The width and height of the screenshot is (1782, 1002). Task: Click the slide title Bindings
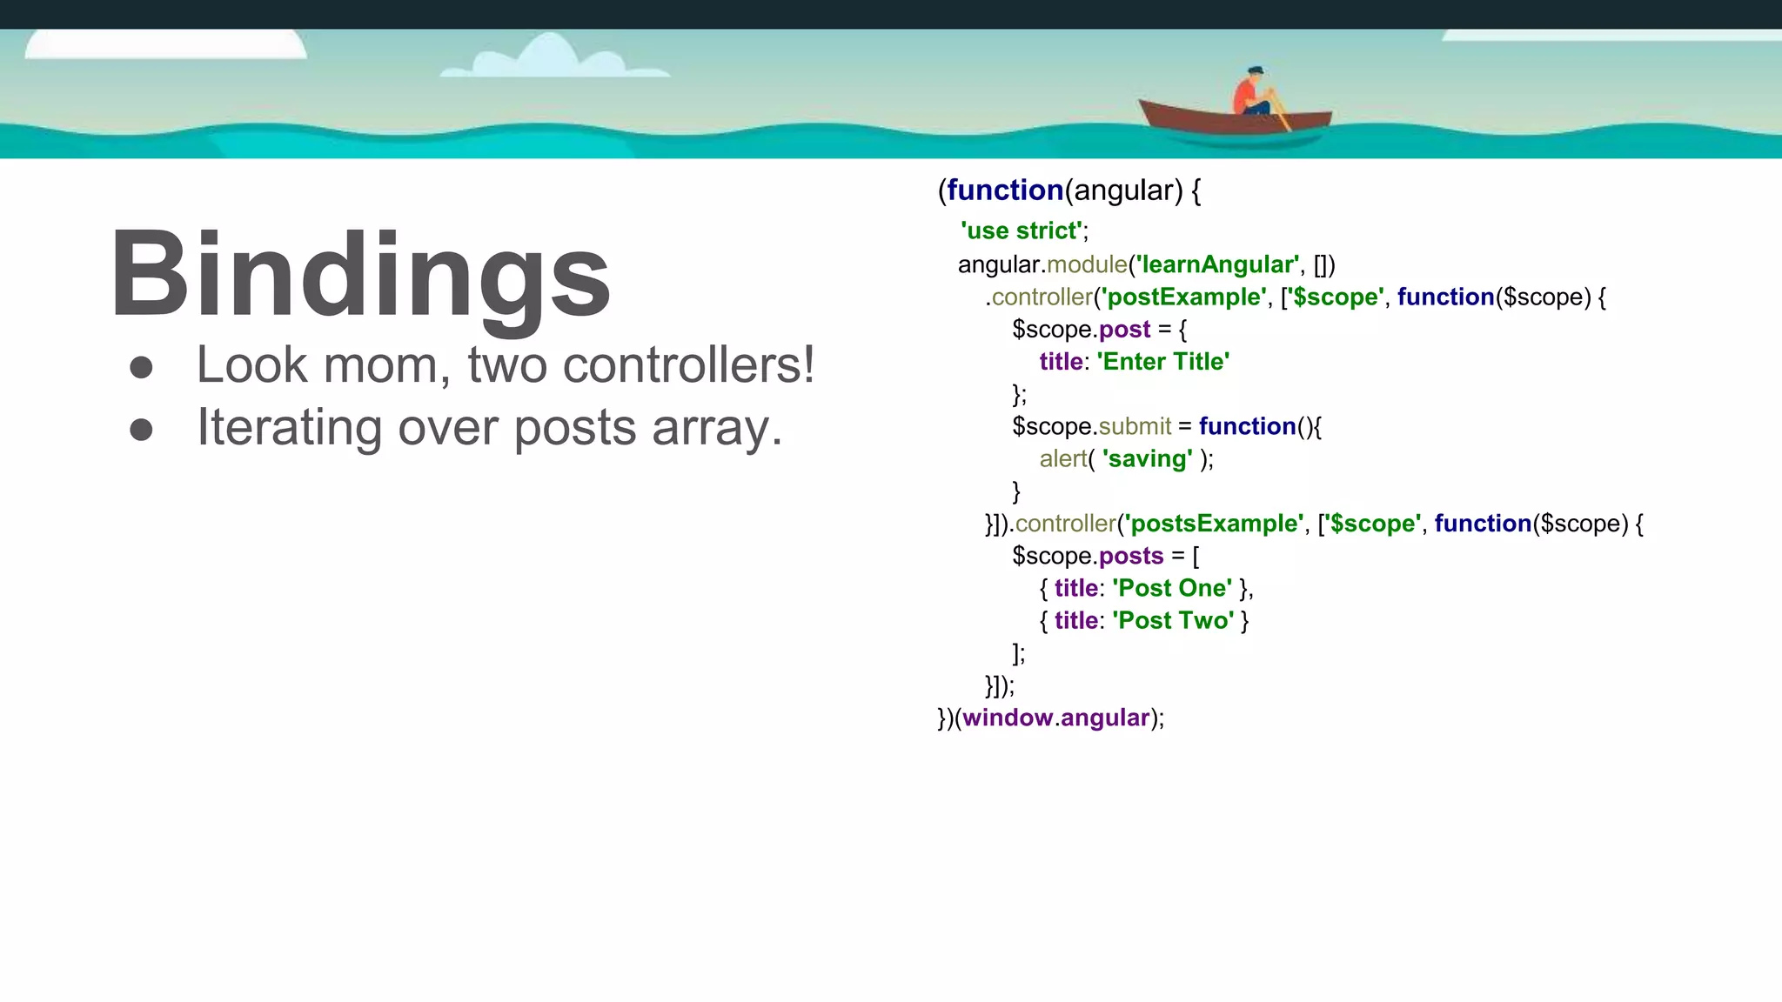pyautogui.click(x=360, y=274)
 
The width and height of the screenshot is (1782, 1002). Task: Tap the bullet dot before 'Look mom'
pyautogui.click(x=141, y=367)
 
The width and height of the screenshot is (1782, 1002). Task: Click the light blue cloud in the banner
pyautogui.click(x=553, y=58)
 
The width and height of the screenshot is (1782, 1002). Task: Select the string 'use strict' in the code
pyautogui.click(x=1022, y=231)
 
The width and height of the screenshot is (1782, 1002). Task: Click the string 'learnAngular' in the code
pyautogui.click(x=1217, y=264)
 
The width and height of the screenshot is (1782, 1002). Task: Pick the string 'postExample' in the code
pyautogui.click(x=1183, y=297)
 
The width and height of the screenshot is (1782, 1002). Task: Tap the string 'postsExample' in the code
pyautogui.click(x=1214, y=524)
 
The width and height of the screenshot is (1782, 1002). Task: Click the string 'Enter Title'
pyautogui.click(x=1162, y=362)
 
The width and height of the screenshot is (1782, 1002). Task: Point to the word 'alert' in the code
pyautogui.click(x=1063, y=459)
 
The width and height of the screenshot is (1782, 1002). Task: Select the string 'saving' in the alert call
pyautogui.click(x=1147, y=459)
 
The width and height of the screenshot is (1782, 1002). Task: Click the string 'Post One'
pyautogui.click(x=1172, y=589)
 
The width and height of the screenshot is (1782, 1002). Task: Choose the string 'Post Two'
pyautogui.click(x=1173, y=621)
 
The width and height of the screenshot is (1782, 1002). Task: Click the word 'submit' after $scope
pyautogui.click(x=1135, y=426)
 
